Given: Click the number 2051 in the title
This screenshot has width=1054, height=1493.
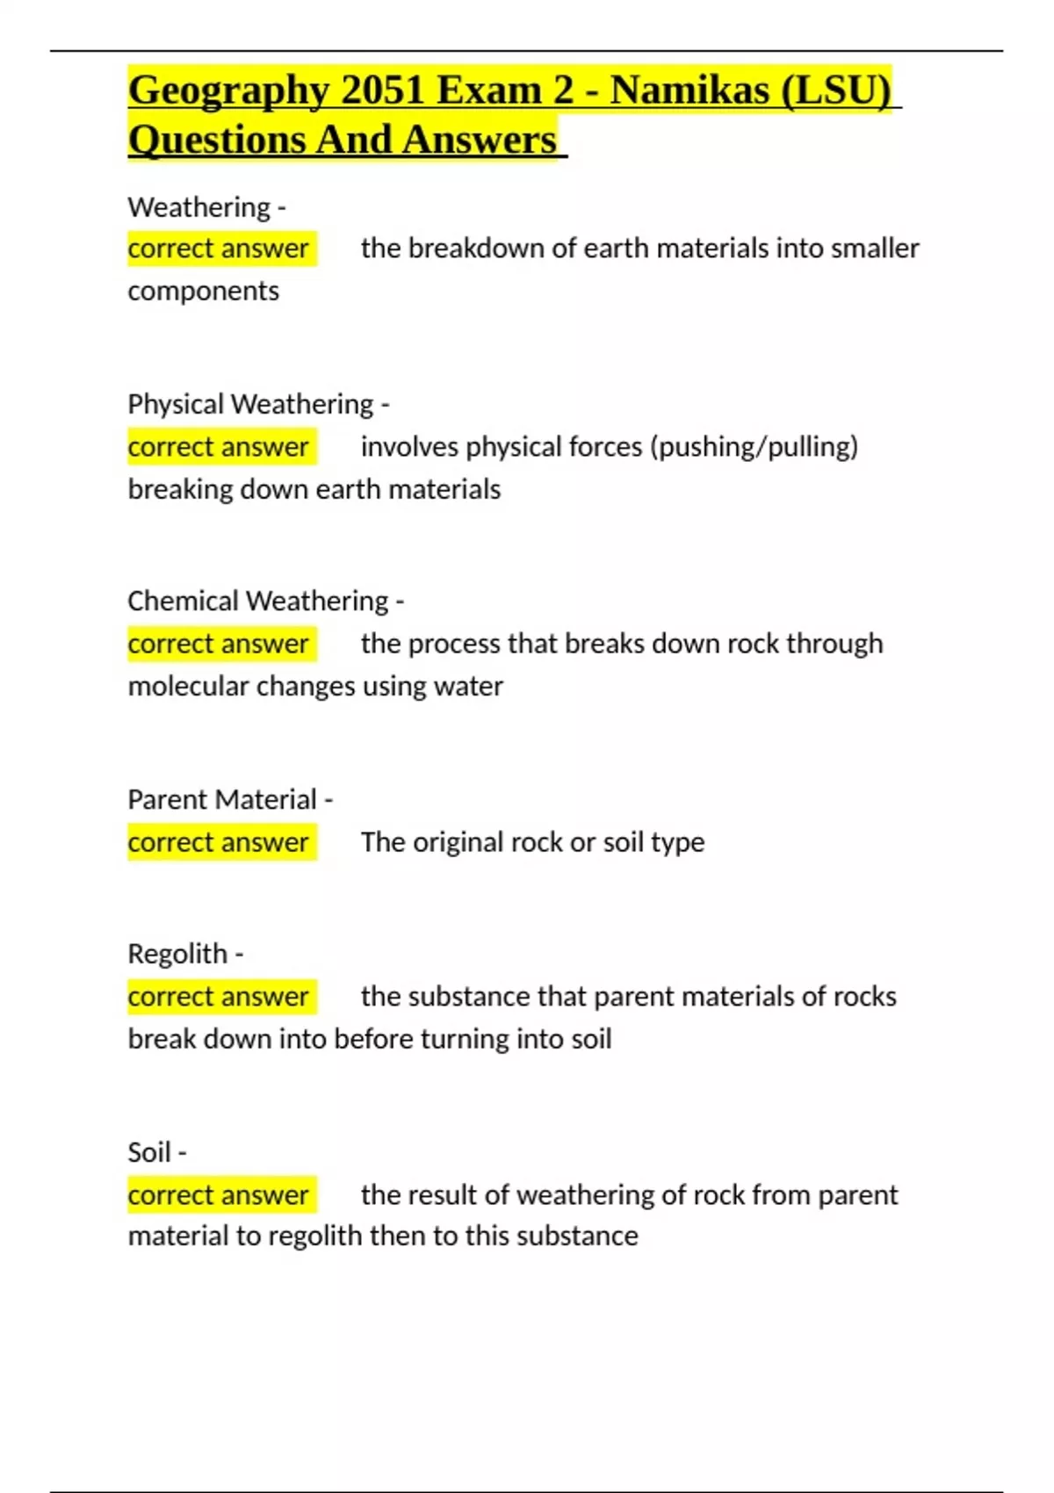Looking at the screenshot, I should click(383, 90).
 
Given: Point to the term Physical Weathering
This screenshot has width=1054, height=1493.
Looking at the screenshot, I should click(250, 404).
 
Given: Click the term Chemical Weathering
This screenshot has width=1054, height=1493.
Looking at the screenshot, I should click(257, 601).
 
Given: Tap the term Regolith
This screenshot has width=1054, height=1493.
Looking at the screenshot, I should click(177, 954).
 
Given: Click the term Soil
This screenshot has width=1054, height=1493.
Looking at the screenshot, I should click(148, 1152).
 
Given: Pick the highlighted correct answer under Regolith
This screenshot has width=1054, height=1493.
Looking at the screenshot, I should click(218, 997).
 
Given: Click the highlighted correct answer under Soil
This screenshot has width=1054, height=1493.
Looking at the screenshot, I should click(218, 1195).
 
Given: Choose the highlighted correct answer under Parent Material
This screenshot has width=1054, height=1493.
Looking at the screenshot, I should click(218, 842).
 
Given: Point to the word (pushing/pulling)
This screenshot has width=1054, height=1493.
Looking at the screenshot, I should click(754, 447).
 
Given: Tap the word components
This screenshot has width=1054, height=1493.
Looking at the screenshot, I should click(203, 291).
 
